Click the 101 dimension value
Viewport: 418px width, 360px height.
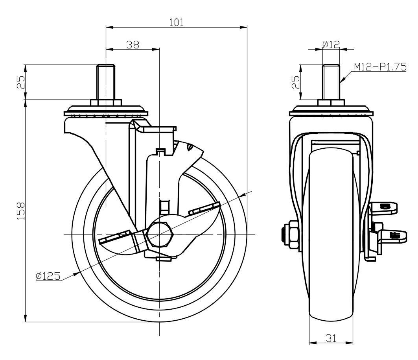point(176,22)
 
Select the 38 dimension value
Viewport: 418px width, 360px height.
point(133,44)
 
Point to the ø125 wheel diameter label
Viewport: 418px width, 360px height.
point(48,276)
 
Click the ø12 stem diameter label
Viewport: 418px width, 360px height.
point(331,44)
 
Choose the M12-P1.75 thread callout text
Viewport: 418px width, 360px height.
point(380,67)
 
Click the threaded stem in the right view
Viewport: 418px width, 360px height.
point(331,82)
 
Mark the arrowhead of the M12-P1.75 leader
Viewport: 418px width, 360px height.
point(341,81)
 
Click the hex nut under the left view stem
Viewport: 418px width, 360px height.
point(105,102)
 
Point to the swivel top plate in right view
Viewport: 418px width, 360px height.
point(331,111)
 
